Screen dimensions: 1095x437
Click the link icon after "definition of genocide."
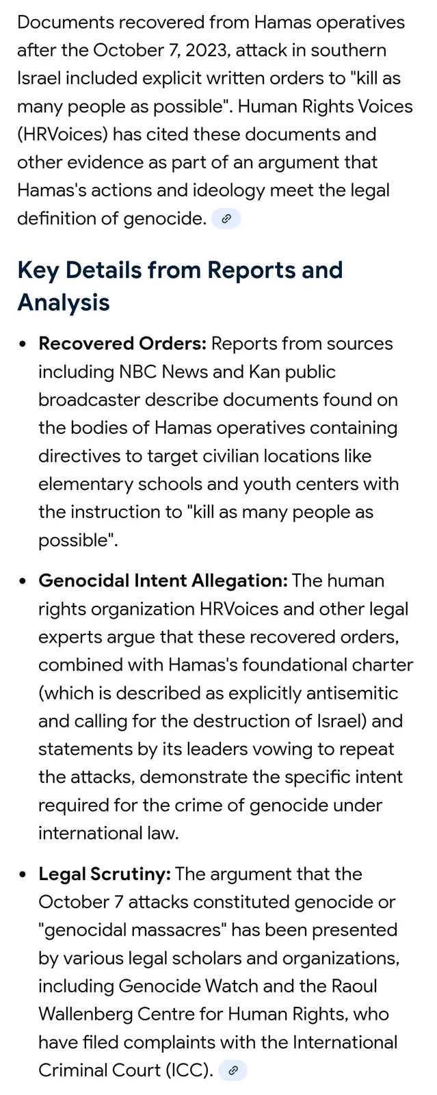(226, 219)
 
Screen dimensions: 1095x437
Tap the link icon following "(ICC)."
(233, 1070)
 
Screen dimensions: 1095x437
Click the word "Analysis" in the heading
(64, 302)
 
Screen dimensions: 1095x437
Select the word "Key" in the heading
(38, 270)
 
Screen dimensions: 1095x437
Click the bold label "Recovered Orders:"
(122, 344)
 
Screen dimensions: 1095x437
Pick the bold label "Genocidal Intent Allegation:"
(163, 581)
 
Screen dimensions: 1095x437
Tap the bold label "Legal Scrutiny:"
(104, 874)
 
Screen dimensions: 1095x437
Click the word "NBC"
(138, 372)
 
